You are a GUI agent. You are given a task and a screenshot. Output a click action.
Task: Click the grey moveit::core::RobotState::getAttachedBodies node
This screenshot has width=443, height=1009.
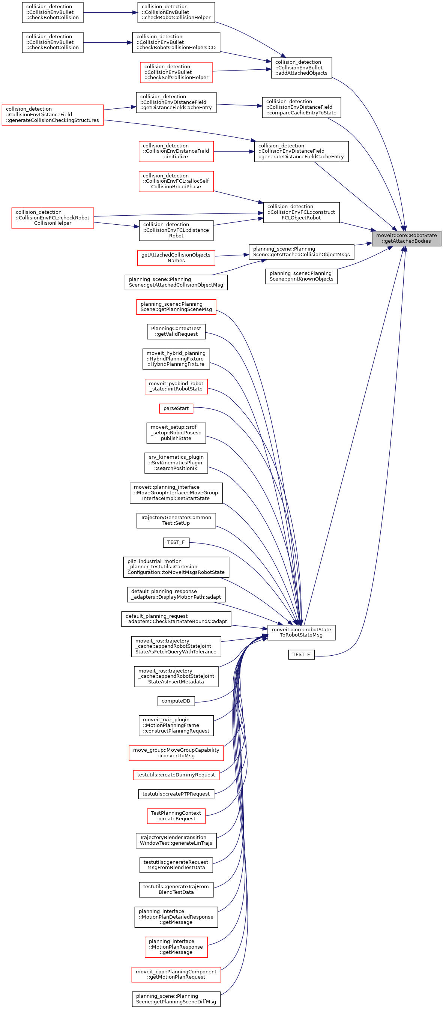pyautogui.click(x=406, y=238)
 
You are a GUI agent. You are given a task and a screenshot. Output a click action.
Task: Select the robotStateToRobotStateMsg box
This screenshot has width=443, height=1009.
pyautogui.click(x=301, y=632)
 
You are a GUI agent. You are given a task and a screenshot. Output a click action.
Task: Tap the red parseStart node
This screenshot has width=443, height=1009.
pyautogui.click(x=176, y=408)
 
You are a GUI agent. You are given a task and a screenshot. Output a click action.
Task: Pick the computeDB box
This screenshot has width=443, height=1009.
pyautogui.click(x=176, y=701)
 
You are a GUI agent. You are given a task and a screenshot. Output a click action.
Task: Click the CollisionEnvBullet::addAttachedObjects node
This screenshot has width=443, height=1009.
pyautogui.click(x=301, y=68)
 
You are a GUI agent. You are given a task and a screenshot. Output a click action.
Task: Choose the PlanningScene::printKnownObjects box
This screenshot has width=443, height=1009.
pyautogui.click(x=301, y=276)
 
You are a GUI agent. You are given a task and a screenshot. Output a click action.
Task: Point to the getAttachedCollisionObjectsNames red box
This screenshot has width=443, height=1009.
pyautogui.click(x=176, y=258)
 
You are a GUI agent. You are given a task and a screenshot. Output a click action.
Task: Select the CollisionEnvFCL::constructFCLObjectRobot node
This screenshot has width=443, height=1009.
pyautogui.click(x=301, y=212)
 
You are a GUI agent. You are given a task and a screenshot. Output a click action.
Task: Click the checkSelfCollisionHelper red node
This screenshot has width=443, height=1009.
pyautogui.click(x=176, y=72)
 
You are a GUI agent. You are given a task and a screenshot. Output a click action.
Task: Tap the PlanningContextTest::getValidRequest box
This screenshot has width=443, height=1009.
pyautogui.click(x=176, y=331)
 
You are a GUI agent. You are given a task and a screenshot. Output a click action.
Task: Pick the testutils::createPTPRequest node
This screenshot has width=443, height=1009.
pyautogui.click(x=176, y=794)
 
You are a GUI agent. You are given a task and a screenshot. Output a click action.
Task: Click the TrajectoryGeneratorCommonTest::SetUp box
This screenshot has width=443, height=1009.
pyautogui.click(x=176, y=521)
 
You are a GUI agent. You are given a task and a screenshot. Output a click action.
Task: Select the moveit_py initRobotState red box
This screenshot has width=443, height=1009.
pyautogui.click(x=176, y=386)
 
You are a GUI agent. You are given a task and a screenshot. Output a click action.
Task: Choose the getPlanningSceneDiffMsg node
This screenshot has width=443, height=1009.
pyautogui.click(x=176, y=999)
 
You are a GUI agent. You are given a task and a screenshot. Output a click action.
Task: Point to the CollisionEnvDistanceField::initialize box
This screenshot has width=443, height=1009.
pyautogui.click(x=176, y=151)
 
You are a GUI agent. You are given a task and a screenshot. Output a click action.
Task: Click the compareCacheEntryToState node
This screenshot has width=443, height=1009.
pyautogui.click(x=301, y=107)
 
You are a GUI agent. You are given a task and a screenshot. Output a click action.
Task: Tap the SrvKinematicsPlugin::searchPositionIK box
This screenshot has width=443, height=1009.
pyautogui.click(x=176, y=462)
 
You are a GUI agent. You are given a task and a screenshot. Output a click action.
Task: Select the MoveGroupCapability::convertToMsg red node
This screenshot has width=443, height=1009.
pyautogui.click(x=176, y=753)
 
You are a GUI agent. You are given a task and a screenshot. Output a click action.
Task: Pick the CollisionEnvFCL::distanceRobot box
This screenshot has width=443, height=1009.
pyautogui.click(x=176, y=230)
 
